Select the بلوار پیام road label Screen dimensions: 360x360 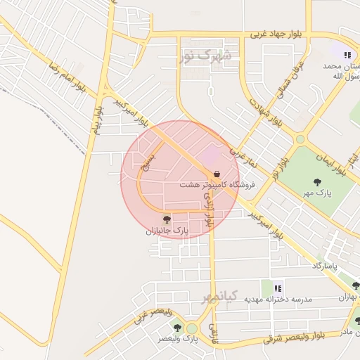(98, 116)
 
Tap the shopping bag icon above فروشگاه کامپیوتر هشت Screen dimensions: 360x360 (217, 173)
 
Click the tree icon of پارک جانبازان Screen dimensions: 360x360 (167, 220)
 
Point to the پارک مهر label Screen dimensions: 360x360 (318, 192)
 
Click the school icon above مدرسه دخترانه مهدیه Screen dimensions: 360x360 (277, 287)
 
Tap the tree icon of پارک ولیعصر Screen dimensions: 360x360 (177, 328)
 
